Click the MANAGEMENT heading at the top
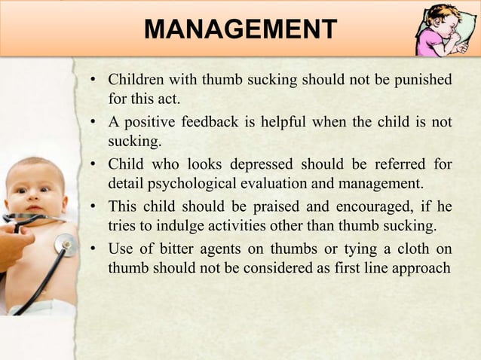240,31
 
